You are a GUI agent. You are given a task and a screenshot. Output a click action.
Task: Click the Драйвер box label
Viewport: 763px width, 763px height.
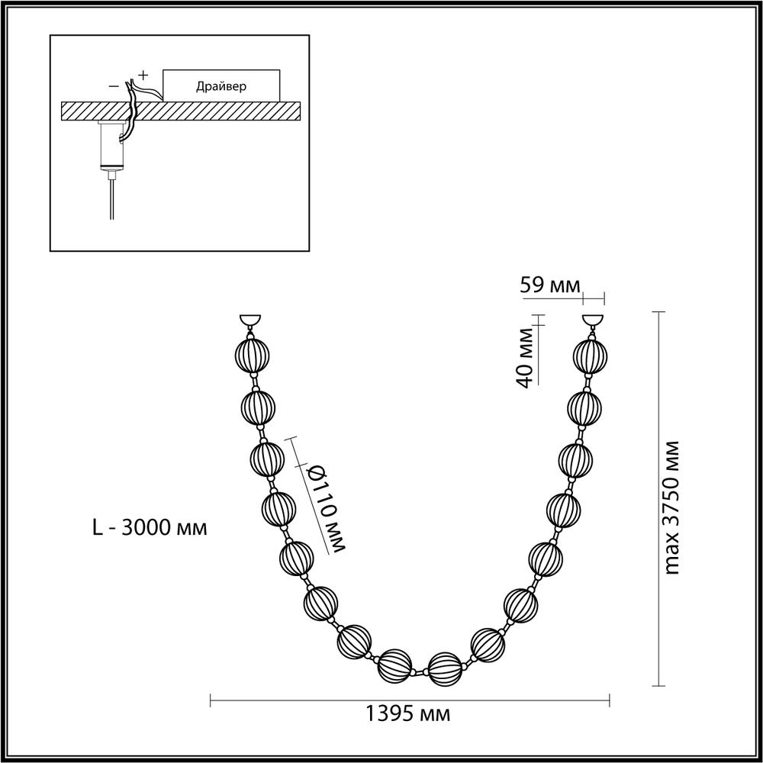point(221,85)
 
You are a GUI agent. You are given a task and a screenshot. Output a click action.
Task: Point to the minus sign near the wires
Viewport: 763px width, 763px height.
point(114,86)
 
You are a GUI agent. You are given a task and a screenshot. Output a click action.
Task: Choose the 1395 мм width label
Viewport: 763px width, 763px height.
point(408,714)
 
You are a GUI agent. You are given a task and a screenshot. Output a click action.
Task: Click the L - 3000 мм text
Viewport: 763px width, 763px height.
point(148,527)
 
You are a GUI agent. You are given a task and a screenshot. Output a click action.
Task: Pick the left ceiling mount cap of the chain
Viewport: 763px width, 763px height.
point(250,321)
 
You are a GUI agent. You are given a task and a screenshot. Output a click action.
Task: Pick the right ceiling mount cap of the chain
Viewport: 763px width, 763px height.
point(592,321)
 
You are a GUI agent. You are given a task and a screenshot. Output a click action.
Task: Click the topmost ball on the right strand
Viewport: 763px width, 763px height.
point(591,354)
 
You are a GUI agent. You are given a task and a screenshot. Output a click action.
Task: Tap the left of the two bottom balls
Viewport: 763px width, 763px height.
point(394,665)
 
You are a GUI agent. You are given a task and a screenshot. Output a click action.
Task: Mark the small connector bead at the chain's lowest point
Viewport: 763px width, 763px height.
point(420,673)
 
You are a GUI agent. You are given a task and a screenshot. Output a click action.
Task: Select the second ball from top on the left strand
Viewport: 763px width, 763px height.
point(258,407)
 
